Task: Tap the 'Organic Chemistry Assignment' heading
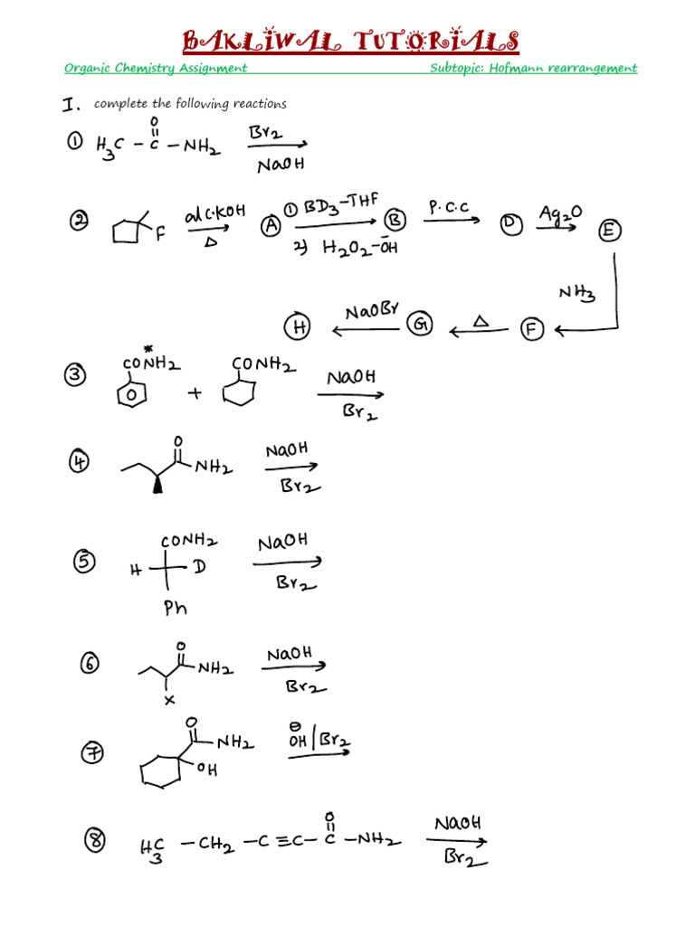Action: [x=156, y=68]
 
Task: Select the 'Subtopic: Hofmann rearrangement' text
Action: [x=534, y=68]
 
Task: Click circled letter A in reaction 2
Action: [x=271, y=225]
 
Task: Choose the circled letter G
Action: [x=420, y=324]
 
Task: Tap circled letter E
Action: [x=609, y=231]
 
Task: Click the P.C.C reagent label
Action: [x=449, y=207]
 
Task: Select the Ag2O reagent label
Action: [x=560, y=213]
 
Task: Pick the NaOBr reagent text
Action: [x=372, y=311]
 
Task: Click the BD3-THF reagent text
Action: [x=340, y=204]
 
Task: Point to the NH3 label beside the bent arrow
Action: [x=576, y=293]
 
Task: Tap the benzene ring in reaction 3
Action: [x=132, y=394]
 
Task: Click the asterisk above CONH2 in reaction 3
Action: [x=148, y=350]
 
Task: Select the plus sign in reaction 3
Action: [x=195, y=392]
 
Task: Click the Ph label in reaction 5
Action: [x=175, y=607]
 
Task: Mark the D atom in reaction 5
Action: [x=199, y=567]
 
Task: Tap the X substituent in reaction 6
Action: [x=169, y=700]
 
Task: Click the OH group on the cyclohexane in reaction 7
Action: [x=207, y=769]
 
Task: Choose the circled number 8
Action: [x=95, y=840]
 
